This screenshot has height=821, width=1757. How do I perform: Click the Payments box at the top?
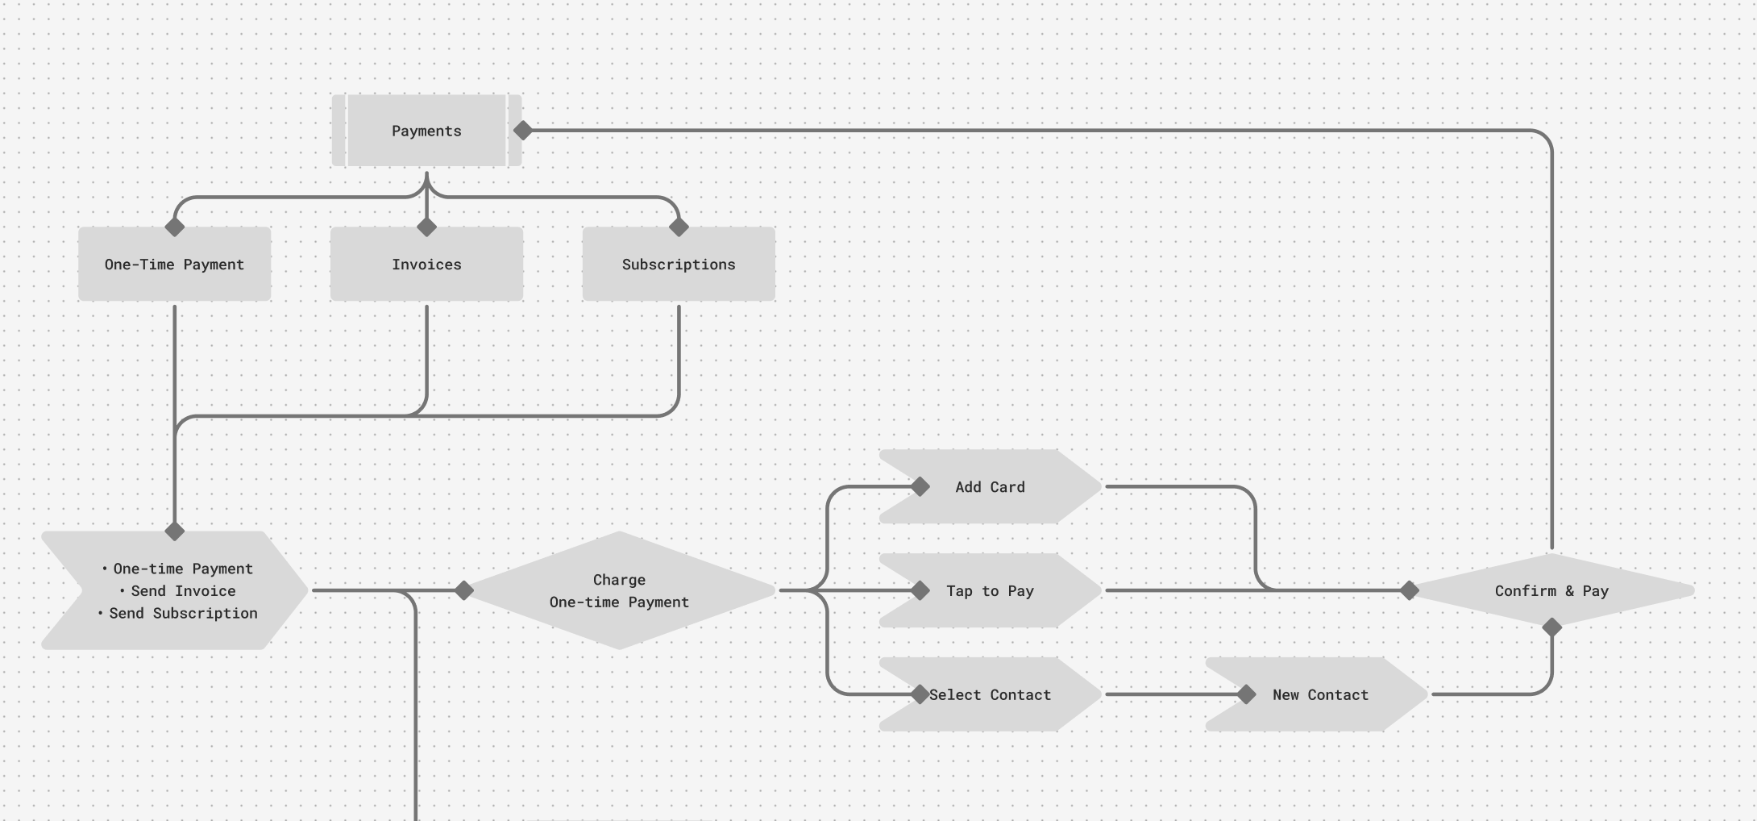(426, 131)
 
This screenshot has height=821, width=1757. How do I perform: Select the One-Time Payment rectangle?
(174, 265)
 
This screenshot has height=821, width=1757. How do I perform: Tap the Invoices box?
(426, 265)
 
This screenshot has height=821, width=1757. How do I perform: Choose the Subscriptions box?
(679, 265)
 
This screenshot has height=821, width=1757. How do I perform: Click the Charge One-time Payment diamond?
(619, 590)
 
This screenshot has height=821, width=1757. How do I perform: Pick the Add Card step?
(990, 487)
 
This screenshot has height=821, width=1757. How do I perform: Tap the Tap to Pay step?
(990, 591)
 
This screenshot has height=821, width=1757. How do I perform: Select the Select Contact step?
(990, 694)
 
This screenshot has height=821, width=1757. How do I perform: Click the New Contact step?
(1320, 694)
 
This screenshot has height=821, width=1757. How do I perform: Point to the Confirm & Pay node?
(1551, 590)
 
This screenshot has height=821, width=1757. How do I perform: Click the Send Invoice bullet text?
(183, 591)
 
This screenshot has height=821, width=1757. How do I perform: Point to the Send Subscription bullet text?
(183, 613)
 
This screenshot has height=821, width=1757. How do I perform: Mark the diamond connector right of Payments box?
(523, 130)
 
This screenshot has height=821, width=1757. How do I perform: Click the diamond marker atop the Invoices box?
(426, 227)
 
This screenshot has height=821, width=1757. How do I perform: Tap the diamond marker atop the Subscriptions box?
(679, 227)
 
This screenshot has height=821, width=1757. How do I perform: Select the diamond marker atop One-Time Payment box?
(174, 227)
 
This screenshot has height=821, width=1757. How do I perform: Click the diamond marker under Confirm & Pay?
(1551, 627)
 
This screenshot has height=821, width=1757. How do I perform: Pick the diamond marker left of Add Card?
(920, 487)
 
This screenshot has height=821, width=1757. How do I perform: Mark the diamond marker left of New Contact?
(1246, 694)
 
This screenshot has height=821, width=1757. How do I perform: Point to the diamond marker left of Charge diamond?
(464, 590)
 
